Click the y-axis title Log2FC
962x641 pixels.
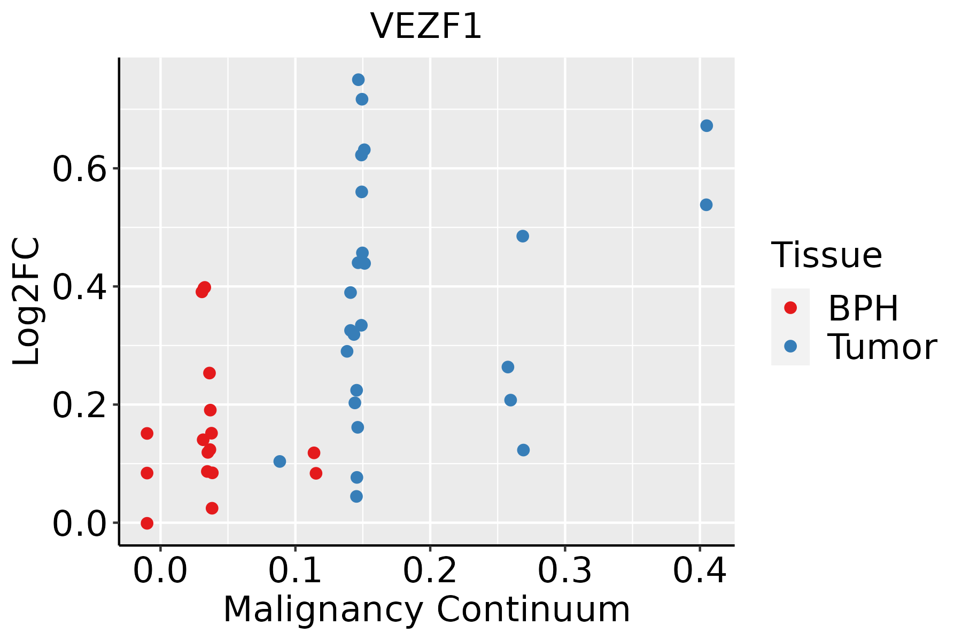[27, 302]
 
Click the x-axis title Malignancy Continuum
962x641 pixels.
[426, 609]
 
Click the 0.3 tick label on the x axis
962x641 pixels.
[564, 571]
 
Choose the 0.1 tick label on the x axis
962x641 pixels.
[295, 571]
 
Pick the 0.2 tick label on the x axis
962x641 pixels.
[430, 571]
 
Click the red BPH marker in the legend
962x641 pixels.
[790, 308]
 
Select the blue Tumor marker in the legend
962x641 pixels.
[790, 346]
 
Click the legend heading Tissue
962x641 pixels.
[826, 255]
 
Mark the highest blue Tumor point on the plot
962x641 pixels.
[358, 80]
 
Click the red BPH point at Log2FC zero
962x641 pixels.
[147, 523]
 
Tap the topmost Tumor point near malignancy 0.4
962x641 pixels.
[707, 126]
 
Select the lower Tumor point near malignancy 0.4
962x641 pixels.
[706, 205]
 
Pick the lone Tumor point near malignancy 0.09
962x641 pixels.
[280, 462]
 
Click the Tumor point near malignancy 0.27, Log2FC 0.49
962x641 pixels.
[523, 236]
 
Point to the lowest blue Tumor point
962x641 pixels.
[356, 496]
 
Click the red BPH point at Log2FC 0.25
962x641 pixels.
[210, 373]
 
